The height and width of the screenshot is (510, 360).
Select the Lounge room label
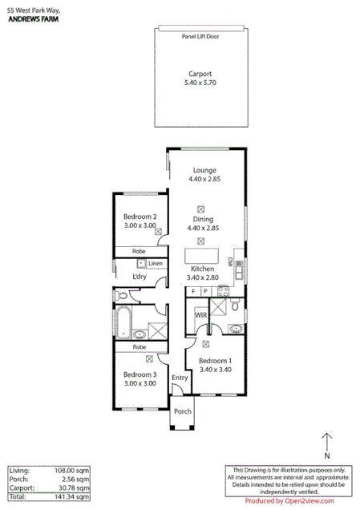pos(204,169)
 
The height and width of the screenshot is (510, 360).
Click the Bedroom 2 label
pos(140,217)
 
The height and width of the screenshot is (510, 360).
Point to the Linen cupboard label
pos(156,263)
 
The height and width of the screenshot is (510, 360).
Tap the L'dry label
pos(140,277)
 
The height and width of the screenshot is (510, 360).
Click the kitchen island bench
pos(204,256)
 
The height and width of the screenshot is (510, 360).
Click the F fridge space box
pos(194,291)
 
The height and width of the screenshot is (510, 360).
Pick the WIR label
pos(200,315)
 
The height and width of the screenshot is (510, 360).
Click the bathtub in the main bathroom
pos(123,322)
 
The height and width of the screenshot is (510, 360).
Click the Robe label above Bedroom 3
pos(140,347)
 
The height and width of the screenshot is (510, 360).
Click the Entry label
pos(180,378)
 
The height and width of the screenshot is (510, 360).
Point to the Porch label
pos(183,411)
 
